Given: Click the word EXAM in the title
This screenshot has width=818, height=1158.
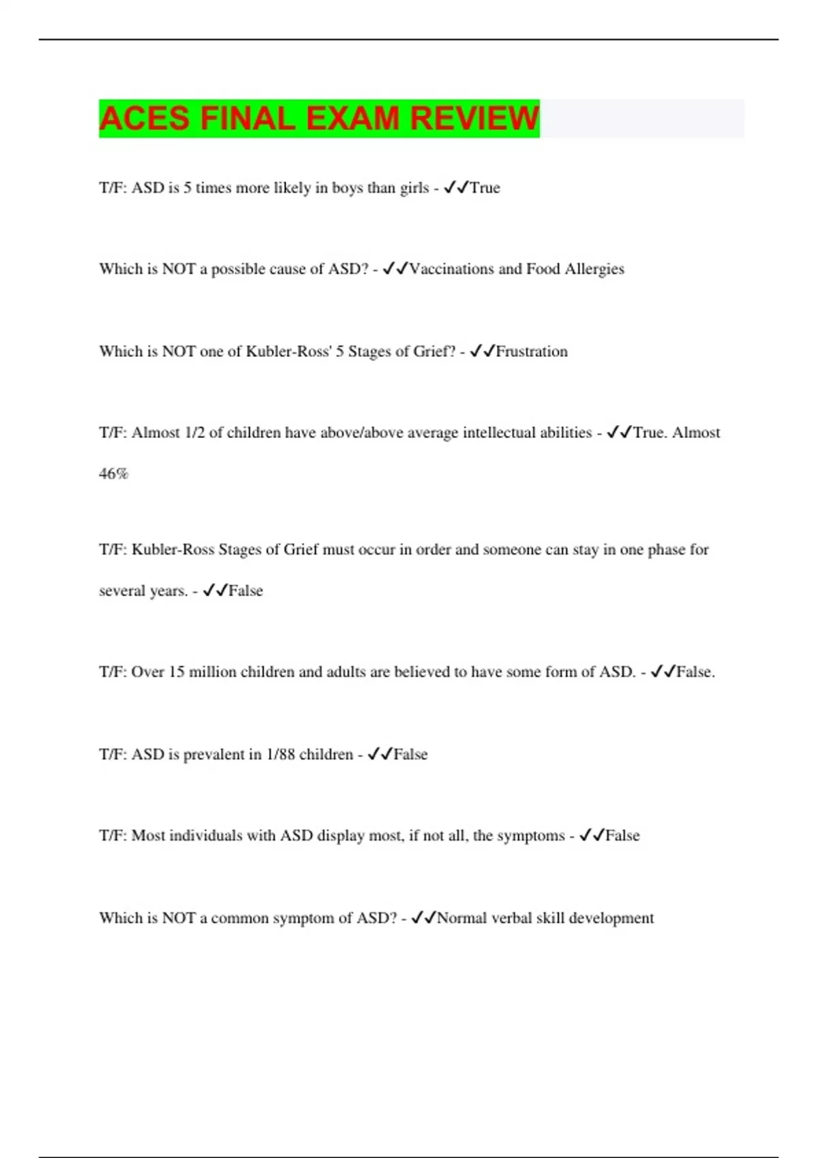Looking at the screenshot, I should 352,119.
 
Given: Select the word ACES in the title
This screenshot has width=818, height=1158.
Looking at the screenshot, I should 144,119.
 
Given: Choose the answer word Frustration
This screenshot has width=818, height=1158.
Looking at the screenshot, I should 532,351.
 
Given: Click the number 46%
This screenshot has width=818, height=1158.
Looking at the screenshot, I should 113,473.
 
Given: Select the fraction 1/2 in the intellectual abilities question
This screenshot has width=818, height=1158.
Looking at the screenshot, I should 194,433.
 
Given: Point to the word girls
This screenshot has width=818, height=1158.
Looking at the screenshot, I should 414,188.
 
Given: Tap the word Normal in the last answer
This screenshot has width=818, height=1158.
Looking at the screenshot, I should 461,918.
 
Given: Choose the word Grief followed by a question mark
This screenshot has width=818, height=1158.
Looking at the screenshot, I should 434,351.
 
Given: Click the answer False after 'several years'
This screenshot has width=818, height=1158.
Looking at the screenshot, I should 245,591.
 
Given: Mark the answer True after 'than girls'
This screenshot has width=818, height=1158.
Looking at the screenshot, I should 485,188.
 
